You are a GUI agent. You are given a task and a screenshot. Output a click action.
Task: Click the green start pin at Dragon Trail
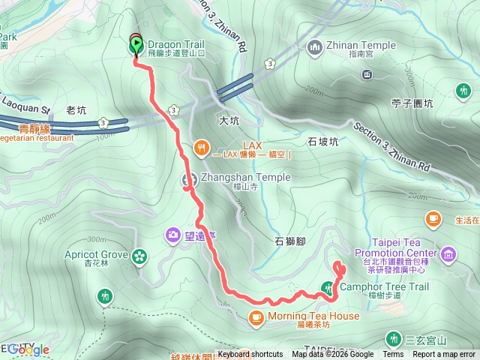(136, 46)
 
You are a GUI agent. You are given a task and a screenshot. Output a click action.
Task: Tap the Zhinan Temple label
(361, 46)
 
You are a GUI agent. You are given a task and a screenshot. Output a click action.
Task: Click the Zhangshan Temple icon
(188, 178)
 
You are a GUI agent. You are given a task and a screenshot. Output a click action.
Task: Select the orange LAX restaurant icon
(200, 148)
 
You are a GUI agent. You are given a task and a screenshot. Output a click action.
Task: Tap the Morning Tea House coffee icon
(256, 317)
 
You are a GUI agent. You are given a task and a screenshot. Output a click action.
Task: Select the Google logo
(28, 349)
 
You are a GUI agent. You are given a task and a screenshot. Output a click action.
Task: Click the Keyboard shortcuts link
(250, 355)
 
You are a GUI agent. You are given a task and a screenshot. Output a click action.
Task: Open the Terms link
(393, 355)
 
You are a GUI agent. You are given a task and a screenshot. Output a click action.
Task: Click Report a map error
(444, 355)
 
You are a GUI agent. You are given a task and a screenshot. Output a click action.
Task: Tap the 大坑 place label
(228, 120)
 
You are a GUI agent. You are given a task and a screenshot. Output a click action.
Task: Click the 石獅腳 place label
(289, 241)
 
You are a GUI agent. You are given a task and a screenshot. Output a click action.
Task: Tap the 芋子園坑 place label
(412, 104)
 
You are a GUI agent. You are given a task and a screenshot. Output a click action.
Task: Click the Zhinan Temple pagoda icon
(314, 46)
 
